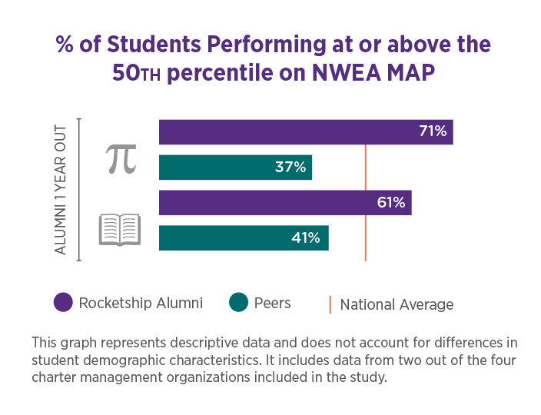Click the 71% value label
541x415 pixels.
[433, 131]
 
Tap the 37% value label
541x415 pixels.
[290, 167]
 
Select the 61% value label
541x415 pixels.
[391, 203]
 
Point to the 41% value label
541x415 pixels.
[306, 238]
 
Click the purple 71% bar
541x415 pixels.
[292, 132]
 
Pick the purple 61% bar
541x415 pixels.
[269, 203]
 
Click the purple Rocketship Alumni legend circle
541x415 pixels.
[63, 303]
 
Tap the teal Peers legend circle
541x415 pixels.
[239, 303]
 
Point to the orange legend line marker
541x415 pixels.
[330, 304]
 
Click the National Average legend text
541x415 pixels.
[397, 304]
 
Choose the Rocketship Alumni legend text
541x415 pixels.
[141, 303]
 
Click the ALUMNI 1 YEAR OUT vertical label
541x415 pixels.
[61, 189]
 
